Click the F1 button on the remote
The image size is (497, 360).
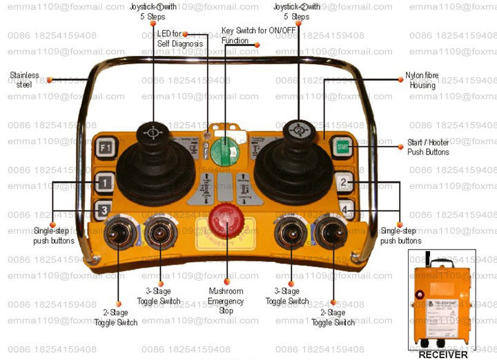tap(105, 147)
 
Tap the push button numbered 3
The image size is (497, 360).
tap(103, 210)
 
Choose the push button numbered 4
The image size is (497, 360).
tap(346, 208)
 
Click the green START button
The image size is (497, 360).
tap(342, 146)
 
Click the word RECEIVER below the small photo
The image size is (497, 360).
tap(443, 354)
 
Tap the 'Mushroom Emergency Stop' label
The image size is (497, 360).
tap(226, 301)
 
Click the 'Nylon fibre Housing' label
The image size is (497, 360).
tap(421, 81)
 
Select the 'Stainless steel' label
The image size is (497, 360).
tap(24, 79)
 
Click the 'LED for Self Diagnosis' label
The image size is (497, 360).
tap(179, 39)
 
